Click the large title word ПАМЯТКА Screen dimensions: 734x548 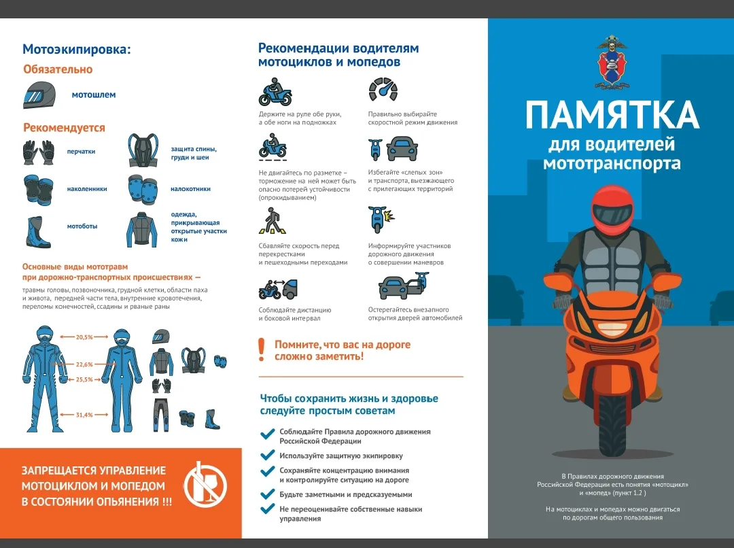pyautogui.click(x=612, y=115)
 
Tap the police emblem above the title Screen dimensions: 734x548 pyautogui.click(x=612, y=63)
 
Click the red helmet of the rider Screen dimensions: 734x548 pyautogui.click(x=612, y=210)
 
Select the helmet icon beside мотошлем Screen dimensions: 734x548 pyautogui.click(x=39, y=95)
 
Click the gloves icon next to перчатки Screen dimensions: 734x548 pyautogui.click(x=38, y=152)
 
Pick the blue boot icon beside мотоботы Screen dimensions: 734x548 pyautogui.click(x=39, y=231)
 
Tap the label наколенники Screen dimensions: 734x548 pyautogui.click(x=87, y=189)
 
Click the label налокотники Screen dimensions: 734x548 pyautogui.click(x=190, y=189)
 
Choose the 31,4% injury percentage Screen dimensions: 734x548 pyautogui.click(x=84, y=415)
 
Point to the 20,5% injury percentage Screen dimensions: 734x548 pyautogui.click(x=84, y=337)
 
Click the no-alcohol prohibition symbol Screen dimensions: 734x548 pyautogui.click(x=205, y=485)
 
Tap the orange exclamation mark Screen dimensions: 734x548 pyautogui.click(x=262, y=349)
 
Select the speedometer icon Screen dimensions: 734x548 pyautogui.click(x=383, y=90)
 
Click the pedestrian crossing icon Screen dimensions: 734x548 pyautogui.click(x=273, y=220)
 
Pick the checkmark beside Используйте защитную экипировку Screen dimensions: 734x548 pyautogui.click(x=267, y=456)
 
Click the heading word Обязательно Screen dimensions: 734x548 pyautogui.click(x=58, y=69)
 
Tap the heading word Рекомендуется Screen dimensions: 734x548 pyautogui.click(x=64, y=128)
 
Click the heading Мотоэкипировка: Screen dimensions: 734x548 pyautogui.click(x=77, y=49)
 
